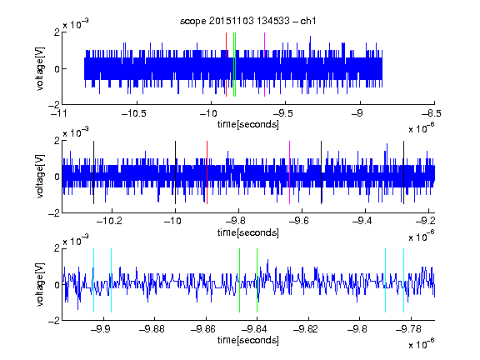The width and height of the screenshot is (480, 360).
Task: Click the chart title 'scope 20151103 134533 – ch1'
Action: [x=247, y=21]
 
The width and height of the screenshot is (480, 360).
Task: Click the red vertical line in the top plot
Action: [x=226, y=65]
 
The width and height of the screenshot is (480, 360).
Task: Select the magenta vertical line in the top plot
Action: [x=264, y=65]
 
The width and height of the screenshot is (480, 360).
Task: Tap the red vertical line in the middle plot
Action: [x=207, y=172]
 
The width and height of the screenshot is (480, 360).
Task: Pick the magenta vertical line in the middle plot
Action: [x=290, y=172]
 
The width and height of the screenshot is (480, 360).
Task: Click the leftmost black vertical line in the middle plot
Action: [x=93, y=172]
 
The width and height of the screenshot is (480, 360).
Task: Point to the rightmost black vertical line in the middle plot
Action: [x=403, y=172]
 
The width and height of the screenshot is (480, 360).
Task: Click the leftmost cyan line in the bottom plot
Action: [x=93, y=280]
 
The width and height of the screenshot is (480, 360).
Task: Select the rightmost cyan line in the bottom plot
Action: [x=403, y=280]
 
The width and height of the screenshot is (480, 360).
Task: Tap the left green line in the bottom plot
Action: [x=239, y=280]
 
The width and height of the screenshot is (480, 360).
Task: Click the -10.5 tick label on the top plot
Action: [x=134, y=113]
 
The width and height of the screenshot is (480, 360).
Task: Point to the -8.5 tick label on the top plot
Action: [x=432, y=113]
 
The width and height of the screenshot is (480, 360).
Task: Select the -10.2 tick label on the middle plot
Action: [x=109, y=221]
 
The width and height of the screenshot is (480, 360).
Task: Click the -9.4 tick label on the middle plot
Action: [x=362, y=221]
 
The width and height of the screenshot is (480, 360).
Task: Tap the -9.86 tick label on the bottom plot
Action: [x=203, y=329]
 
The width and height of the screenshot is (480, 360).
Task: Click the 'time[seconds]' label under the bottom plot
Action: [x=248, y=340]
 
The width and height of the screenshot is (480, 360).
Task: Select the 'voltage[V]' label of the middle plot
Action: [x=40, y=177]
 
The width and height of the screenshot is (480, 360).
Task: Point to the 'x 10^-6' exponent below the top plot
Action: [x=422, y=127]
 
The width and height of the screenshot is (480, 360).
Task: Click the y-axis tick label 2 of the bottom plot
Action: [x=57, y=248]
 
